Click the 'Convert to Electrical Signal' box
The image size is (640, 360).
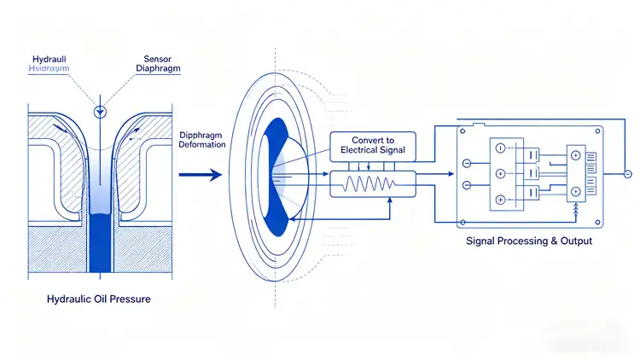pos(372,145)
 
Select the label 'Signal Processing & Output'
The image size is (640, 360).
pos(529,241)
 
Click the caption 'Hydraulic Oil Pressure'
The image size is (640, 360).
pos(100,300)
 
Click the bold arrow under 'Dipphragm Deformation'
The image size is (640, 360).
pos(201,174)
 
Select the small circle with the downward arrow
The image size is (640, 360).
pos(101,111)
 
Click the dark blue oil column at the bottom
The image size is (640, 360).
pos(100,243)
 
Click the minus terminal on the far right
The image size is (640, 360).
pos(628,174)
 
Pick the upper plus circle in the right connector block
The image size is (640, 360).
pos(574,155)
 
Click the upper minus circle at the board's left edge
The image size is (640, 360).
pos(467,163)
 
